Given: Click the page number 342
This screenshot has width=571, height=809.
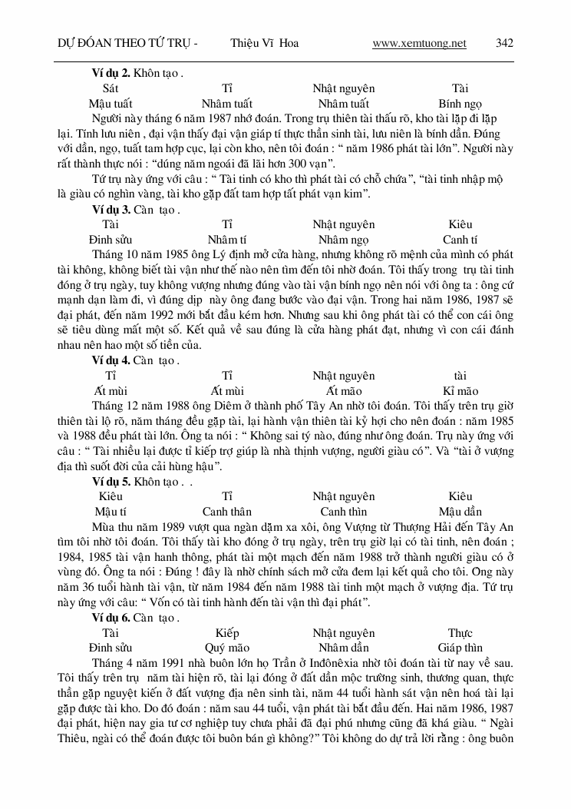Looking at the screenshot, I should tap(504, 43).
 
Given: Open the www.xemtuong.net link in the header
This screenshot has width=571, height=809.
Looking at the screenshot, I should tap(419, 43).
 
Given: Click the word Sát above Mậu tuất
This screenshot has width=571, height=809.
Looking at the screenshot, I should tap(110, 88).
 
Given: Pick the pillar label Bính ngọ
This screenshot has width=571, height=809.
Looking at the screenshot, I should tap(460, 104).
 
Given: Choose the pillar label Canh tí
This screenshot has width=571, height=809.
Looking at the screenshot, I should tap(460, 240).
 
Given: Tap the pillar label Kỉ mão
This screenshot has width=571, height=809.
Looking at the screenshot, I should tap(460, 390).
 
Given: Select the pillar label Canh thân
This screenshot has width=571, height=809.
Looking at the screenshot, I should tap(227, 512).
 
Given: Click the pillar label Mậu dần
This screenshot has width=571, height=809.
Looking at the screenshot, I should tap(460, 512).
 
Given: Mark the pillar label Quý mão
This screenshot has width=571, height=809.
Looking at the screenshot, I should tap(227, 648).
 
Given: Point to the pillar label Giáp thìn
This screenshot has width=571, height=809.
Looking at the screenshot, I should tap(460, 648).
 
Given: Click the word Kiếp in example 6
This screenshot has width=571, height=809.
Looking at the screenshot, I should tap(227, 632).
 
